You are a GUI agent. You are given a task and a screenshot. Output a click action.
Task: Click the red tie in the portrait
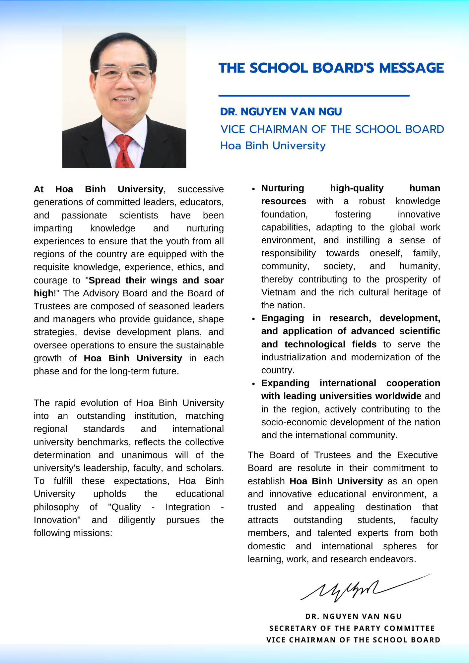[x=123, y=151]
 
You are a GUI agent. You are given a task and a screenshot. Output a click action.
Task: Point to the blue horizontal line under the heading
[x=314, y=95]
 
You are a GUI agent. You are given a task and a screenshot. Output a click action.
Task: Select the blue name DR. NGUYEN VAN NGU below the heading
[x=281, y=112]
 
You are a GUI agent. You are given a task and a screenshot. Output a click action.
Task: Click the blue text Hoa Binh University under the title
[x=273, y=146]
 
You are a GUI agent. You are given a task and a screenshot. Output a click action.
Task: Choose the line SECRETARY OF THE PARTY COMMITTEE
[x=352, y=628]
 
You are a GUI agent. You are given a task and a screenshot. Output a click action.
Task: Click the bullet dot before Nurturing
[x=253, y=189]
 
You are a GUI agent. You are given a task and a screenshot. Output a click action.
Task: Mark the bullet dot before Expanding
[x=253, y=384]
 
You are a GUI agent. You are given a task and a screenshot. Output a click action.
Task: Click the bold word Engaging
[x=283, y=318]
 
